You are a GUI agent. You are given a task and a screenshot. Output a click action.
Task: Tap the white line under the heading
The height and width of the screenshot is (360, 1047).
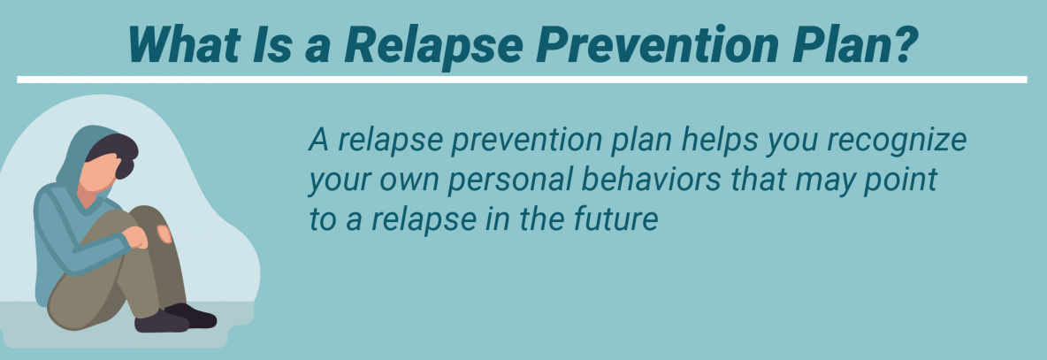click(522, 80)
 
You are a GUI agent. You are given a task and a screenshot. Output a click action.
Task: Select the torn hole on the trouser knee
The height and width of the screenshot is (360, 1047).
click(162, 234)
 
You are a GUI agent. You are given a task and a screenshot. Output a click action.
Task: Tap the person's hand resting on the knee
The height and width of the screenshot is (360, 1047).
click(136, 237)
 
